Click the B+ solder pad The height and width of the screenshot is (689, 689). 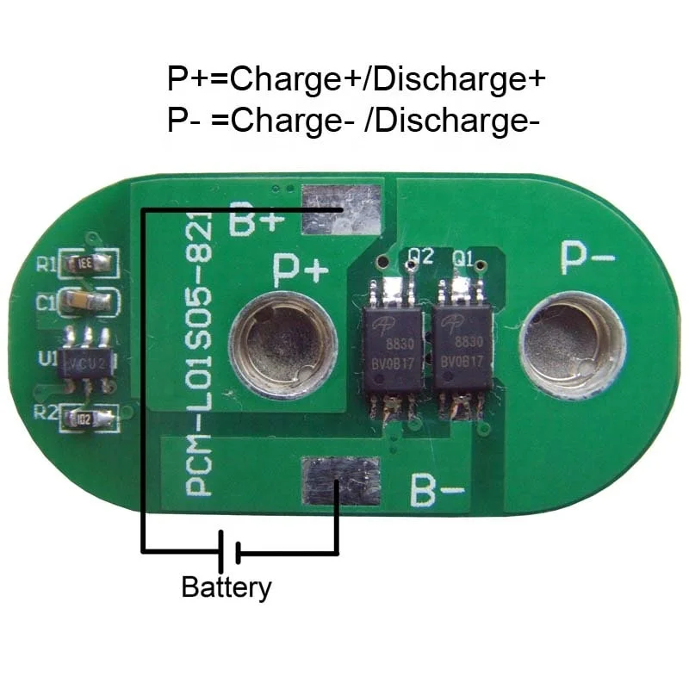341,211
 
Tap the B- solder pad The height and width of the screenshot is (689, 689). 341,481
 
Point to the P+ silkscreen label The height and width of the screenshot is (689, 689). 301,270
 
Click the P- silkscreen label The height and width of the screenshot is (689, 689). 588,257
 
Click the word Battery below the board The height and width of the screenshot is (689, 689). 226,588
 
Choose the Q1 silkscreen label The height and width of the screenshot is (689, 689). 464,256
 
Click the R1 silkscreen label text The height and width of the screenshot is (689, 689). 46,264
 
